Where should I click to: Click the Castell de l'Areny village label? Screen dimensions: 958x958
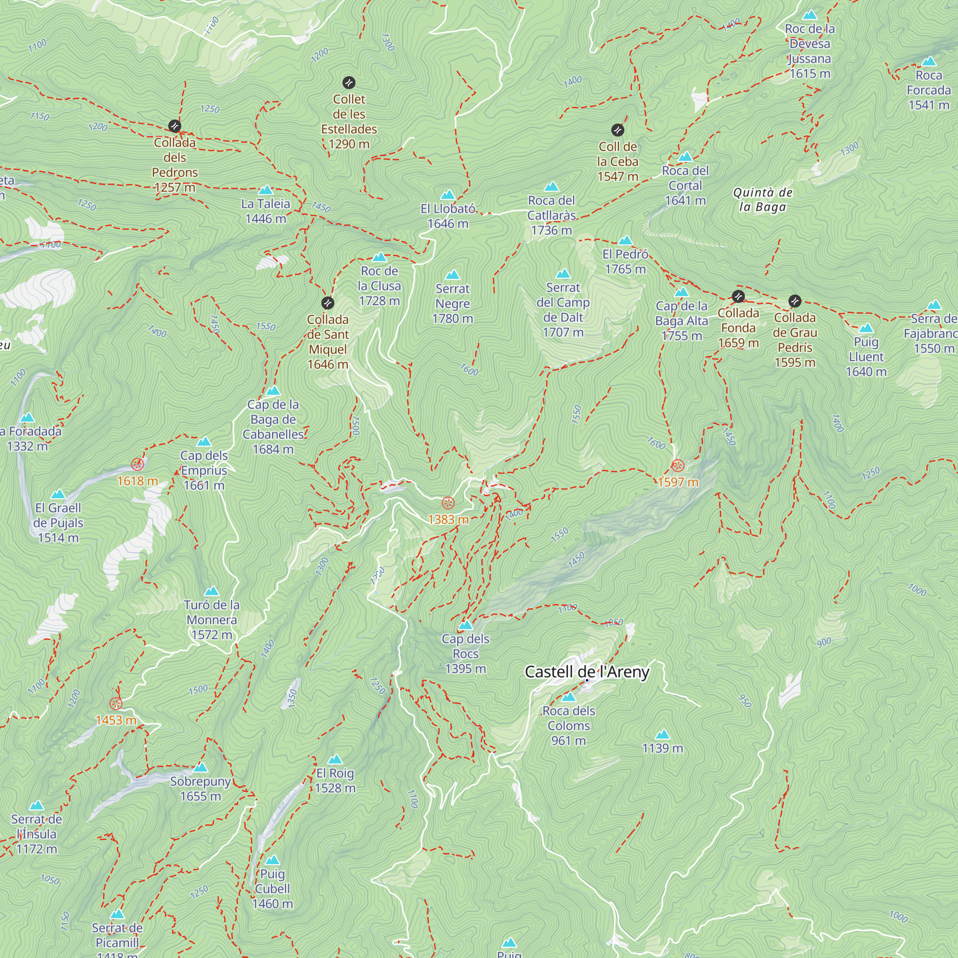[587, 672]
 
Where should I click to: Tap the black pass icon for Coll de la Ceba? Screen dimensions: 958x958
[617, 130]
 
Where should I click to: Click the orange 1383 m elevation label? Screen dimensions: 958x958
[448, 519]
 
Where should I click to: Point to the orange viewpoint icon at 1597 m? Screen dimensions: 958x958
[677, 466]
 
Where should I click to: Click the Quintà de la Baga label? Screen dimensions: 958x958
[763, 199]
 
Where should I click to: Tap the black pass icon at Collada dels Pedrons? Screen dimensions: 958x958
[174, 126]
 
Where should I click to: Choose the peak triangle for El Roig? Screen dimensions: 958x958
[335, 759]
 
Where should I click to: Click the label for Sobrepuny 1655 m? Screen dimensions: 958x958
[200, 788]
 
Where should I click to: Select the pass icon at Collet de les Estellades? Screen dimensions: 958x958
[349, 82]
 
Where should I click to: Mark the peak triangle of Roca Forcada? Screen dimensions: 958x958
[929, 61]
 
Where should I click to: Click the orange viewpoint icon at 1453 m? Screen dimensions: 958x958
[115, 704]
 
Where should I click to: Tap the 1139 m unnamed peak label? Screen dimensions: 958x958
[662, 748]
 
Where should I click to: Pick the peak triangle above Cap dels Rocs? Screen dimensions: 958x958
[465, 625]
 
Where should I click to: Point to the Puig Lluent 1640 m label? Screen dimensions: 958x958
[866, 356]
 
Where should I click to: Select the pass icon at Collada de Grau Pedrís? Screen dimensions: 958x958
[794, 301]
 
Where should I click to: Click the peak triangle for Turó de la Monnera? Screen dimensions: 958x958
[212, 591]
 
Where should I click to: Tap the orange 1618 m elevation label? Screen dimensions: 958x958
[137, 480]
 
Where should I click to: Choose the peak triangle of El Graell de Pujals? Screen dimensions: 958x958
[58, 494]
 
